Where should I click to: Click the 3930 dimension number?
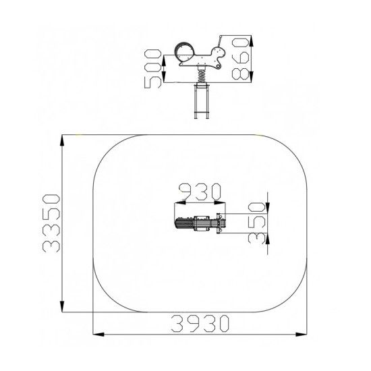[x=200, y=323]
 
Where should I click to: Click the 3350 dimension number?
[x=51, y=223]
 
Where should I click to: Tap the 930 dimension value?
[x=200, y=191]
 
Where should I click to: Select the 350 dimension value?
[x=256, y=223]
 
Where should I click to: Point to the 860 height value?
[x=241, y=58]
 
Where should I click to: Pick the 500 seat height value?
[x=153, y=69]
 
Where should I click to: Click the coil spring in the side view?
[x=202, y=76]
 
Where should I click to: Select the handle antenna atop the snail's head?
[x=221, y=41]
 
